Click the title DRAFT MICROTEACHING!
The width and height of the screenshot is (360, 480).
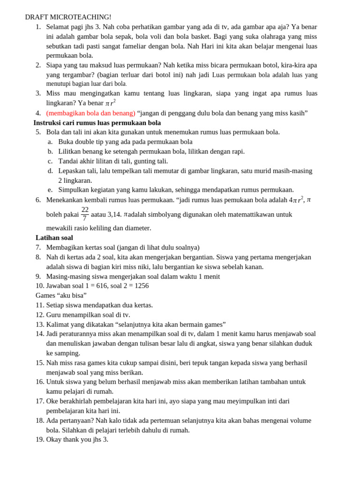pyautogui.click(x=68, y=17)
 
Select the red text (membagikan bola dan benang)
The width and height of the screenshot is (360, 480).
pyautogui.click(x=90, y=113)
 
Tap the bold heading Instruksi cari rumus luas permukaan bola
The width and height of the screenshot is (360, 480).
pyautogui.click(x=97, y=123)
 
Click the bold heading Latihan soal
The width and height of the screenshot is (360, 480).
pyautogui.click(x=54, y=238)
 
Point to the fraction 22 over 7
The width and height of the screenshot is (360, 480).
pyautogui.click(x=85, y=214)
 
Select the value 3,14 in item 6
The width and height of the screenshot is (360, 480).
pyautogui.click(x=114, y=214)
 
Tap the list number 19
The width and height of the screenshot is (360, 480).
pyautogui.click(x=39, y=439)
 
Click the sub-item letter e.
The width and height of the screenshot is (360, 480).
pyautogui.click(x=50, y=190)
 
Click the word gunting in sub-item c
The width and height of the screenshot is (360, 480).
pyautogui.click(x=129, y=161)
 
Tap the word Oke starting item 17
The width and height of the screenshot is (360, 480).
pyautogui.click(x=52, y=401)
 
